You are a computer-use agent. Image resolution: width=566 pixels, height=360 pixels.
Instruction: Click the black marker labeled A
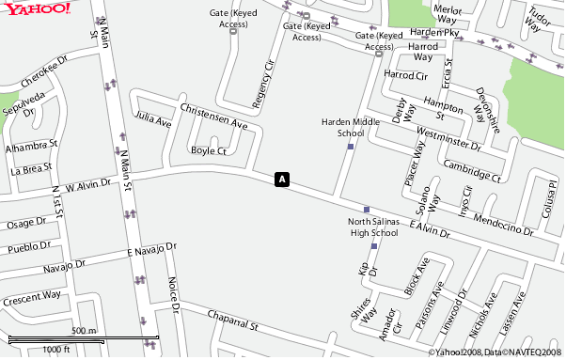pos(281,179)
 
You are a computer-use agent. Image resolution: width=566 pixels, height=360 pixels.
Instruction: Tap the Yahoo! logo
pos(36,8)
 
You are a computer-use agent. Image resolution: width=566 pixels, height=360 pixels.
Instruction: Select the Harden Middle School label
pos(351,128)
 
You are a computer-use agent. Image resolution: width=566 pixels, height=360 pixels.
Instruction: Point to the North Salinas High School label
pos(372,227)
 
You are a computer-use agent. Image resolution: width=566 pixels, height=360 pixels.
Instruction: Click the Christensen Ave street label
pos(213,117)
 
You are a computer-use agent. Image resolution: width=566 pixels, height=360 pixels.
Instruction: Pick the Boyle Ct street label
pos(209,150)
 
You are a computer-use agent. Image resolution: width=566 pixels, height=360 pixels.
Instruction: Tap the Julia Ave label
pos(153,120)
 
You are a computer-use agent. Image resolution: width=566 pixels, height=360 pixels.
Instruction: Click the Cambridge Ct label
pos(473,170)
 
